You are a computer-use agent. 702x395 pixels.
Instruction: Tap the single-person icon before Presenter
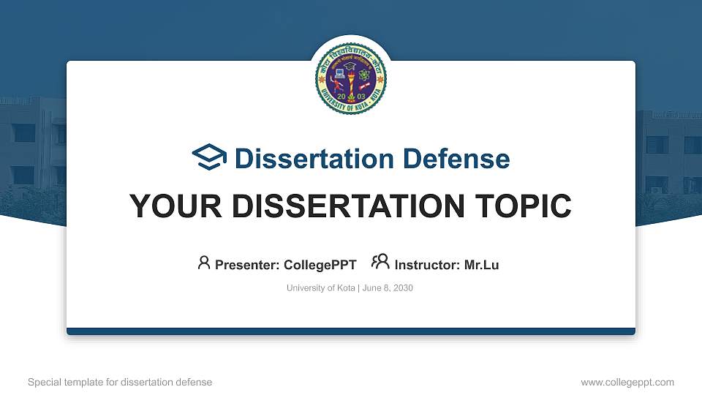(204, 263)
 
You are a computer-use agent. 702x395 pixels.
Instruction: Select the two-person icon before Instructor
(380, 263)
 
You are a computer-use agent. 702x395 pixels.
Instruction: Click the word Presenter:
(246, 265)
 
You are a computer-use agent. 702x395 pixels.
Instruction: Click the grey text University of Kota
(320, 288)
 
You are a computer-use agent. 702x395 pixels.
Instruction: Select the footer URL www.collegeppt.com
(627, 382)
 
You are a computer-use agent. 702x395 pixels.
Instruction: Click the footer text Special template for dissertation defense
(120, 382)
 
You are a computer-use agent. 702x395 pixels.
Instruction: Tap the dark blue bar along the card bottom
(351, 331)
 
